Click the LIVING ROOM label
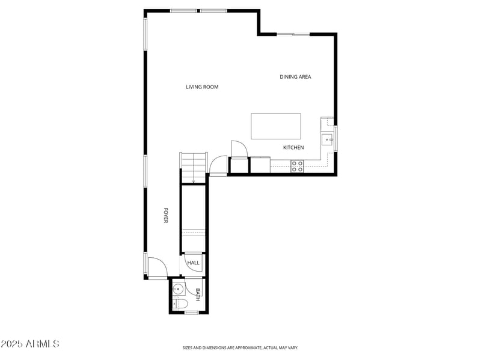[202, 87]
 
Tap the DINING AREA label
[295, 77]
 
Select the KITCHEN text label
[293, 147]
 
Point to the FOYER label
[166, 215]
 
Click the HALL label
[193, 263]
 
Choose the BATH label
[198, 294]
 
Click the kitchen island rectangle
[276, 126]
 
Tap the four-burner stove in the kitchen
[297, 166]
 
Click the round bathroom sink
[177, 289]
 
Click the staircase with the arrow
[193, 168]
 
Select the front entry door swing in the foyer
[158, 267]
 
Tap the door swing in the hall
[194, 263]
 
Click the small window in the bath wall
[192, 313]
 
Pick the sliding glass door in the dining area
[293, 34]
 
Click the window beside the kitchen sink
[335, 139]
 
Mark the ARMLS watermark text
[29, 344]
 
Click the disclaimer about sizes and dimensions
[240, 348]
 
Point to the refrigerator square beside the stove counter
[260, 165]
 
